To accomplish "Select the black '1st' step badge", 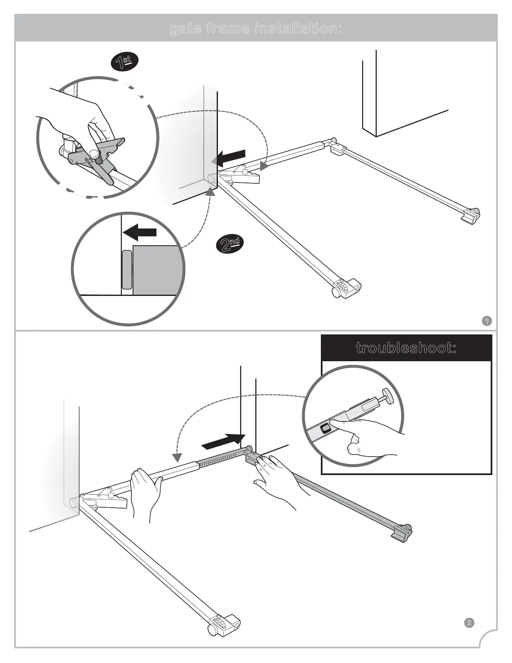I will click(124, 62).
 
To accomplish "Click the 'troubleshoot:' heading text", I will click(406, 348).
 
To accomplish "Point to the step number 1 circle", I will click(486, 321).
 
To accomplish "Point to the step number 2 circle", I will click(469, 635).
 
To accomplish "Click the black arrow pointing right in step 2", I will click(223, 441).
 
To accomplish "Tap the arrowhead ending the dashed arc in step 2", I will click(177, 456).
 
